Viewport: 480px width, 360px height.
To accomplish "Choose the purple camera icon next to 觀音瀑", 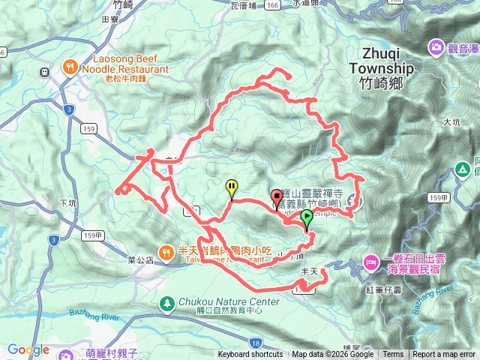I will (436, 48).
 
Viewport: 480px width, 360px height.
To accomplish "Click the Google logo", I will (28, 349).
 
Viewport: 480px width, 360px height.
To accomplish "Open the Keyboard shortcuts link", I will (250, 355).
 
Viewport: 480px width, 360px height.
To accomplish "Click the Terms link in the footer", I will (393, 355).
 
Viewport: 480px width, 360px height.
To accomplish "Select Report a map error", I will (444, 355).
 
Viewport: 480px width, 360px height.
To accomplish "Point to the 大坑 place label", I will (451, 121).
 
